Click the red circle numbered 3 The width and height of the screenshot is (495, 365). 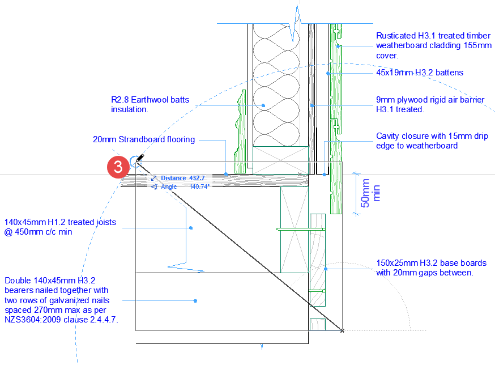pyautogui.click(x=117, y=168)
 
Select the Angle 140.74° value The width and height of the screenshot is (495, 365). pyautogui.click(x=199, y=186)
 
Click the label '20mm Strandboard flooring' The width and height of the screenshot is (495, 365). pyautogui.click(x=144, y=139)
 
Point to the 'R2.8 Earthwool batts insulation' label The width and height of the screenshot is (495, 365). pyautogui.click(x=150, y=105)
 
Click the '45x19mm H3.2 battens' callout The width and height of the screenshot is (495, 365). pyautogui.click(x=420, y=73)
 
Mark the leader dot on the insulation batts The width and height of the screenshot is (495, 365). pyautogui.click(x=264, y=105)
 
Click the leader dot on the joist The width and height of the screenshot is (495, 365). pyautogui.click(x=191, y=228)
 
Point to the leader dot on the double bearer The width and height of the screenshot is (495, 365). pyautogui.click(x=195, y=301)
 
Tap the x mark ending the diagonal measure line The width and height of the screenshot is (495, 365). pyautogui.click(x=342, y=330)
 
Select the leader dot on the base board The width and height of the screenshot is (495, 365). pyautogui.click(x=326, y=269)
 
